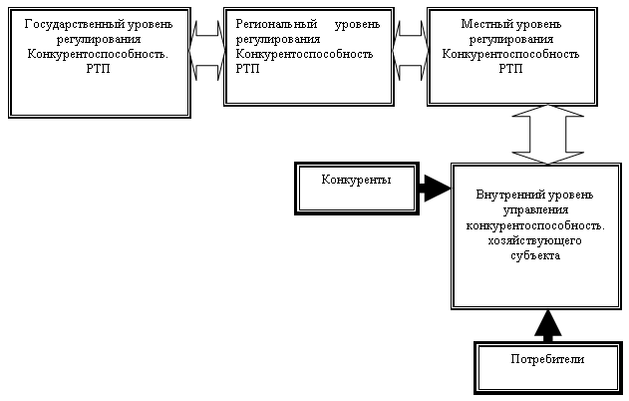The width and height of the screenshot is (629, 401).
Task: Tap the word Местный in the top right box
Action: [482, 22]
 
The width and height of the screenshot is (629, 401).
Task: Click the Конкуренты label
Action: [356, 180]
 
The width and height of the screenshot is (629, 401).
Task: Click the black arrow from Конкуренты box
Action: [432, 187]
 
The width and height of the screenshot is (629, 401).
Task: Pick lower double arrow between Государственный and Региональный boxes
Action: [207, 69]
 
